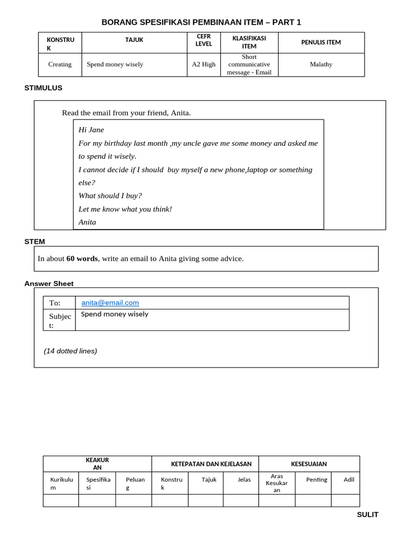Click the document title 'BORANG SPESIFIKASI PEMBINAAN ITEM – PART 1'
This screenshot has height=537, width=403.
tap(201, 22)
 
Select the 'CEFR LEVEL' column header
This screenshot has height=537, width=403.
tap(204, 40)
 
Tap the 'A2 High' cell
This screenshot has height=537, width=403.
tap(204, 65)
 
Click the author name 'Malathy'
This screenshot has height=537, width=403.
tap(321, 65)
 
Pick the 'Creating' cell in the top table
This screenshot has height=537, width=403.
tap(60, 65)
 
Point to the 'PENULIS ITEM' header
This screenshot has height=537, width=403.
tap(321, 42)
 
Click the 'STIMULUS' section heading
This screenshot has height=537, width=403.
tap(43, 88)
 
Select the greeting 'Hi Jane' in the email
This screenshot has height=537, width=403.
tap(91, 130)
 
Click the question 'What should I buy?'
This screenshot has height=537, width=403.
tap(110, 196)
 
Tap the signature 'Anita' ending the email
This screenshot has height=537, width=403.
tap(87, 222)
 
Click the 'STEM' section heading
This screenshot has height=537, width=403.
tap(35, 241)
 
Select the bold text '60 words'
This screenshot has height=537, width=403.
tap(82, 259)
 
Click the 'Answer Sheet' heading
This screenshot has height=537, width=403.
tap(49, 283)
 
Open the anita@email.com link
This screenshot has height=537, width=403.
tap(110, 303)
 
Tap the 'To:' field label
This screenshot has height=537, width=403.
tap(55, 303)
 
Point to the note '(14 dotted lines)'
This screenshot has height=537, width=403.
tap(70, 351)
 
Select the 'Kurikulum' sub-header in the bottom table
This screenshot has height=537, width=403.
tap(61, 483)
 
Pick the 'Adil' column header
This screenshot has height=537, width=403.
tap(348, 479)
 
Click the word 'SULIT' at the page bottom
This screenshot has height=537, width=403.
tap(367, 514)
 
